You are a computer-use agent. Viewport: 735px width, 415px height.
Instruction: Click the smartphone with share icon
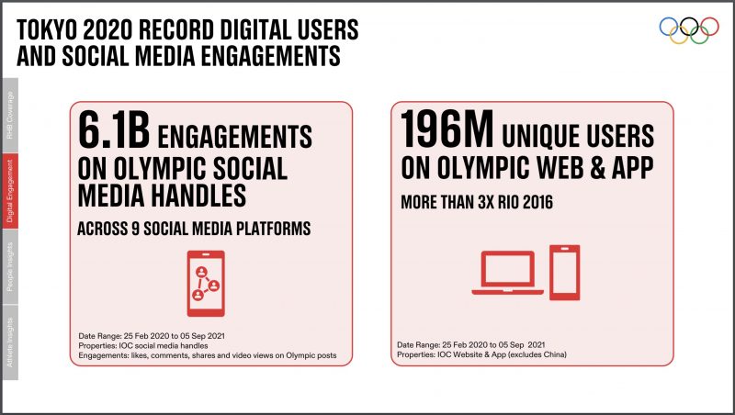(x=206, y=283)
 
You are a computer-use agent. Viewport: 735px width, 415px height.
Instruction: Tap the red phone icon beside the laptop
(x=564, y=272)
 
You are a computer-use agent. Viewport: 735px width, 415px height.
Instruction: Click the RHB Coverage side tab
(x=11, y=115)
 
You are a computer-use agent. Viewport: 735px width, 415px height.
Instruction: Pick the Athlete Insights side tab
(x=11, y=344)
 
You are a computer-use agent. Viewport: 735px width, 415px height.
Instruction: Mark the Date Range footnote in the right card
(x=477, y=344)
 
